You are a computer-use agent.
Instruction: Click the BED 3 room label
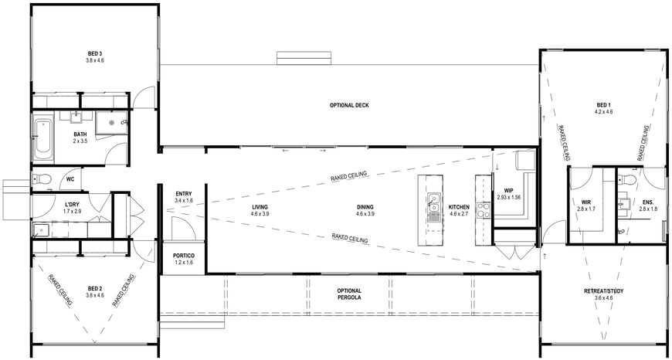[x=95, y=53]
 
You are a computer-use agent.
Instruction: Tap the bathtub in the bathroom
[x=43, y=137]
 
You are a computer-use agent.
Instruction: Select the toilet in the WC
[x=42, y=178]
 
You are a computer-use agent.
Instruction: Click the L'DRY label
[x=70, y=204]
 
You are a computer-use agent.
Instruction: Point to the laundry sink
[x=41, y=230]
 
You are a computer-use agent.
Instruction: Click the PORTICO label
[x=183, y=256]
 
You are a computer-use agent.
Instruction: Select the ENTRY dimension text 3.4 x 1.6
[x=183, y=201]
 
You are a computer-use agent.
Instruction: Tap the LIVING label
[x=260, y=208]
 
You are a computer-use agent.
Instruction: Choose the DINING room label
[x=365, y=208]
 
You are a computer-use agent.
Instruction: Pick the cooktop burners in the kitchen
[x=484, y=210]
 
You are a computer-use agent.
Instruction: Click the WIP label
[x=508, y=191]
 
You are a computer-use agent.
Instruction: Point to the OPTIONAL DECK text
[x=349, y=105]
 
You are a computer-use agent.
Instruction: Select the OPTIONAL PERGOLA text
[x=349, y=294]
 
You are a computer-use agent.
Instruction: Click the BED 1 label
[x=603, y=105]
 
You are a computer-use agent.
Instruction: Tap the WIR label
[x=586, y=202]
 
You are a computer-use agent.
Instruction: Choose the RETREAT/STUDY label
[x=603, y=291]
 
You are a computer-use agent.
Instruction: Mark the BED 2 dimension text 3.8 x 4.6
[x=95, y=295]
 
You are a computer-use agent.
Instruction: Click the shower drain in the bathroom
[x=111, y=123]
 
